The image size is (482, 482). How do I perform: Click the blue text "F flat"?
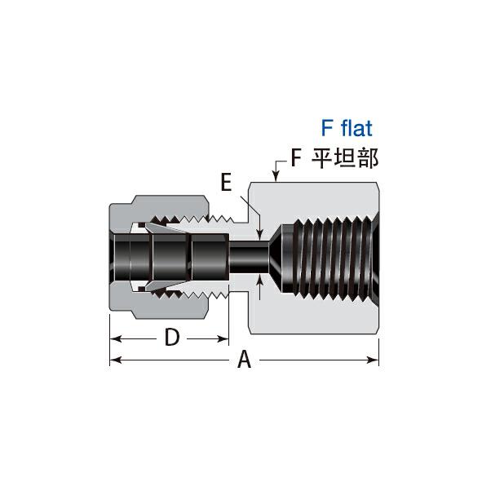coord(347,128)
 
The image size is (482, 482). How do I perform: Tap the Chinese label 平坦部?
coord(345,158)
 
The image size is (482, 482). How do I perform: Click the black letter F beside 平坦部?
coord(296,158)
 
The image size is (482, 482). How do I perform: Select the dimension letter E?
coord(226,182)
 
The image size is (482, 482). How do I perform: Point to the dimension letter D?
coord(172,337)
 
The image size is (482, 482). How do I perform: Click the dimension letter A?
coord(245,359)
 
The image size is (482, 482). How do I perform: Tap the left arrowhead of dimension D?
coord(115,339)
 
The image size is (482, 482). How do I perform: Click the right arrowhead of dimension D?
coord(223,339)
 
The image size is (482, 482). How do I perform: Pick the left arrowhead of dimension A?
coord(115,360)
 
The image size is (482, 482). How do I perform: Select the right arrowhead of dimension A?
coord(374,360)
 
